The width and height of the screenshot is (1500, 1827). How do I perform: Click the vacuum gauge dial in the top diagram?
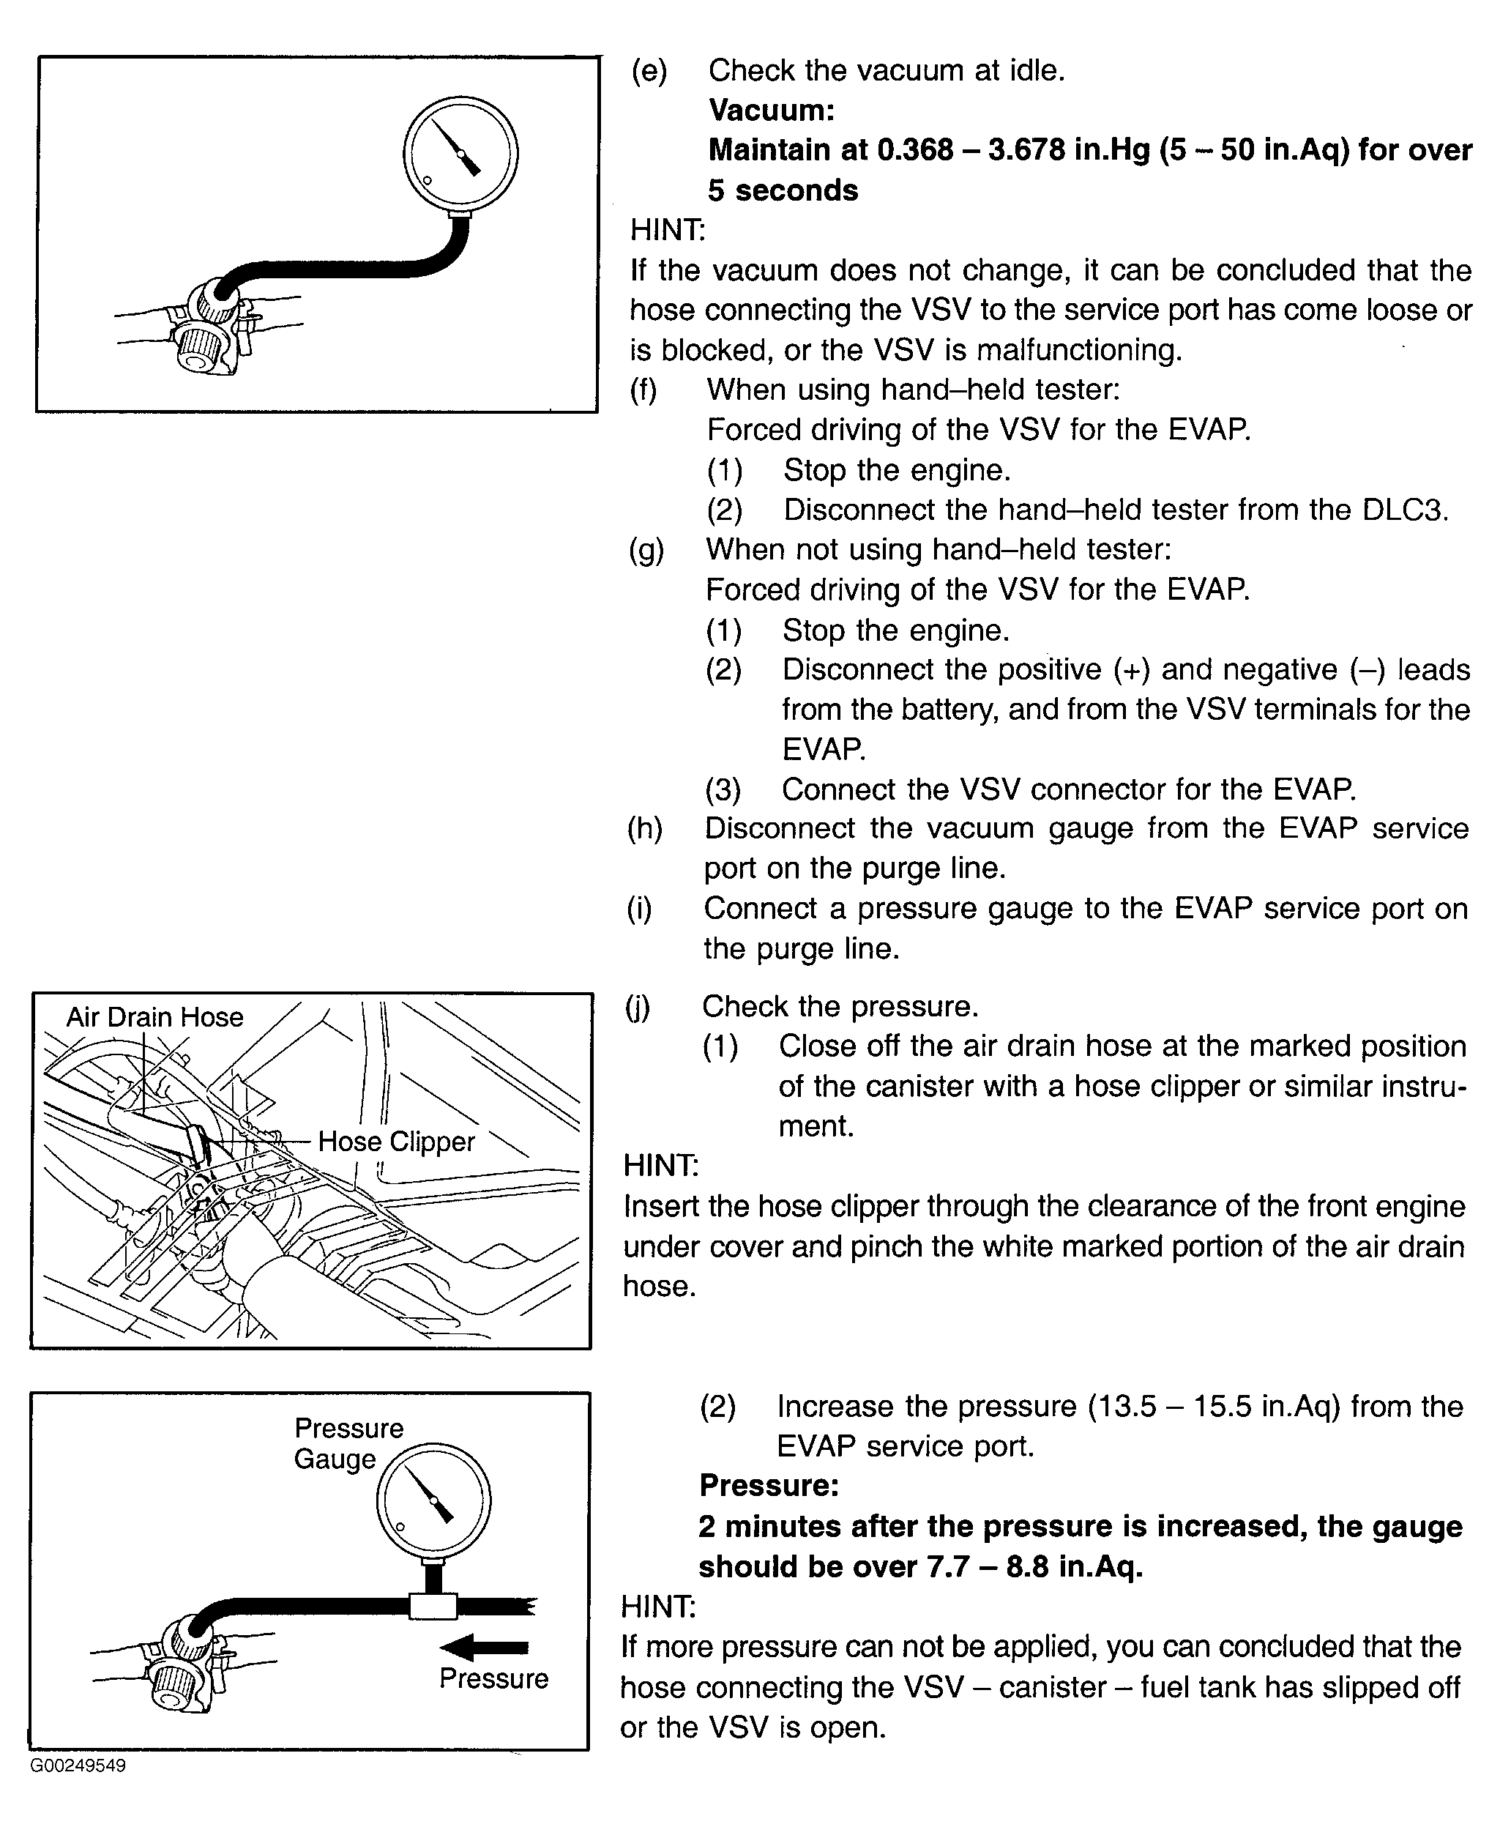point(460,155)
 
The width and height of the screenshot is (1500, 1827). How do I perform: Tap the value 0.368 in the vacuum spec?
point(915,150)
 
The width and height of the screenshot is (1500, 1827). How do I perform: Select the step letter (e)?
point(649,71)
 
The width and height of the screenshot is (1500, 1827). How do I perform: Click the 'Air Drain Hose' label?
point(154,1017)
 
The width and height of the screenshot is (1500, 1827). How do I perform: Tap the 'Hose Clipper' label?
point(396,1142)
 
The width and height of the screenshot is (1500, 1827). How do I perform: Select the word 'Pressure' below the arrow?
point(493,1678)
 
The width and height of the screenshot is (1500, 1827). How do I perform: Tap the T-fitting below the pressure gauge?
point(432,1606)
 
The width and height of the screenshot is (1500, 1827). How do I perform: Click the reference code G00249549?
point(78,1765)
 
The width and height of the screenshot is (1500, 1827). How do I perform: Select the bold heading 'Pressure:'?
point(769,1485)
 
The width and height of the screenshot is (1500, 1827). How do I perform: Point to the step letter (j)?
point(637,1007)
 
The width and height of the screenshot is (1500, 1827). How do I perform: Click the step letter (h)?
point(645,829)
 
